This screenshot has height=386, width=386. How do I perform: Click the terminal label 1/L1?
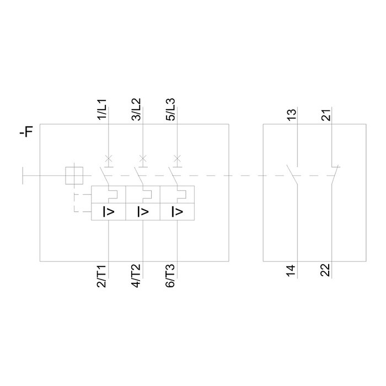[102, 109]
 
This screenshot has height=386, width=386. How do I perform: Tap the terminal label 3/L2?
[136, 109]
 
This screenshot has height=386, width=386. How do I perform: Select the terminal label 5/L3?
[171, 109]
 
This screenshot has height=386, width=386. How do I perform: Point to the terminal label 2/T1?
[101, 276]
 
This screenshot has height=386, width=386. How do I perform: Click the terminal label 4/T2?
[136, 276]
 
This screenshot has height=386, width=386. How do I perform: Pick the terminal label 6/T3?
[170, 276]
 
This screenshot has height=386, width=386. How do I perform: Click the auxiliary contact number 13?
[292, 115]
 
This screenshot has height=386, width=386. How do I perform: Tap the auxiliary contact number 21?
[326, 115]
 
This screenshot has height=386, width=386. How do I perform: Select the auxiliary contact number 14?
[291, 271]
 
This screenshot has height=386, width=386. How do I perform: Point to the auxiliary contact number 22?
[325, 270]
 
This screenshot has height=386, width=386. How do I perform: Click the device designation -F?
[26, 132]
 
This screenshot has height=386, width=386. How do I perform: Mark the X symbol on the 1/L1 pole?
[109, 159]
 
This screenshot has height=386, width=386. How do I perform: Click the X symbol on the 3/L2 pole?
[143, 159]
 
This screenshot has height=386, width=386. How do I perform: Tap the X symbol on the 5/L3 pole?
[177, 159]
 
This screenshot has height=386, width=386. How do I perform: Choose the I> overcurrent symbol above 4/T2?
[143, 212]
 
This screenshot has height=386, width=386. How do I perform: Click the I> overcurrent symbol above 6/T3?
[177, 212]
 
